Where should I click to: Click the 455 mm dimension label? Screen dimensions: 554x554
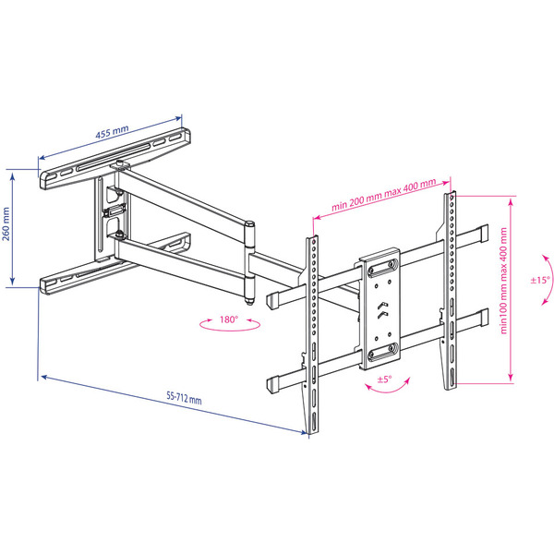click(x=112, y=132)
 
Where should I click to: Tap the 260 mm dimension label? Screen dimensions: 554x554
click(x=6, y=224)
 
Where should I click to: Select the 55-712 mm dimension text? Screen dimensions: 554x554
click(x=184, y=398)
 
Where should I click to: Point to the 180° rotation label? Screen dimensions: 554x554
click(x=229, y=319)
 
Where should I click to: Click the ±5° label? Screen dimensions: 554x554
click(x=385, y=379)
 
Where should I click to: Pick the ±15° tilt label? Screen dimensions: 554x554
click(x=540, y=280)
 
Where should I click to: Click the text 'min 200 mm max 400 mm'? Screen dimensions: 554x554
click(x=383, y=195)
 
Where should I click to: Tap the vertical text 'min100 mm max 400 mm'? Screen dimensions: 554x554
click(x=503, y=281)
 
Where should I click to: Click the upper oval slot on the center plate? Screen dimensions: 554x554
click(x=382, y=268)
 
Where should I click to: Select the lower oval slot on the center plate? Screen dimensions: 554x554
click(x=382, y=353)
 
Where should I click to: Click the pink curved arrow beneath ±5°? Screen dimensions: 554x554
click(x=388, y=387)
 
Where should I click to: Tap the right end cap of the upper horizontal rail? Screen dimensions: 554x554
click(x=482, y=234)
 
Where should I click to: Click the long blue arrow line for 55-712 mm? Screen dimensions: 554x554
click(x=174, y=405)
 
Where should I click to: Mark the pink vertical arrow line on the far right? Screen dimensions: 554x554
click(x=511, y=290)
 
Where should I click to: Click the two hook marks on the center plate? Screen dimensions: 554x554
click(x=382, y=310)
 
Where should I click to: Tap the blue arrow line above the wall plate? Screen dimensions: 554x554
click(x=110, y=138)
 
